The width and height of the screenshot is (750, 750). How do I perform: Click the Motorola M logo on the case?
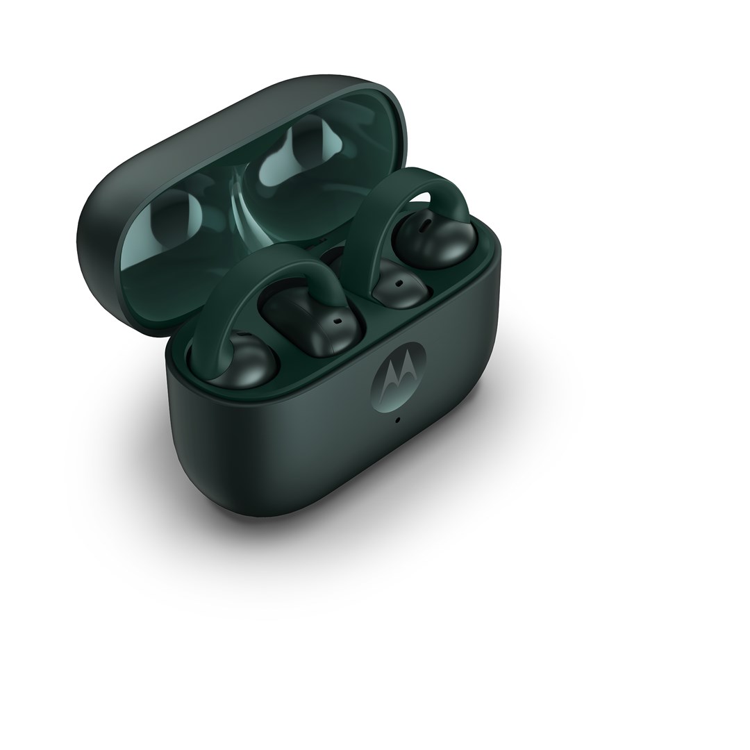[x=399, y=379]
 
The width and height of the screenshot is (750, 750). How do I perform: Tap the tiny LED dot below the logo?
[x=397, y=419]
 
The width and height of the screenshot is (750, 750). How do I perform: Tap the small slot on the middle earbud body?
[x=337, y=322]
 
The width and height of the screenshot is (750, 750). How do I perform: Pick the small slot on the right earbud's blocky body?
[x=399, y=283]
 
